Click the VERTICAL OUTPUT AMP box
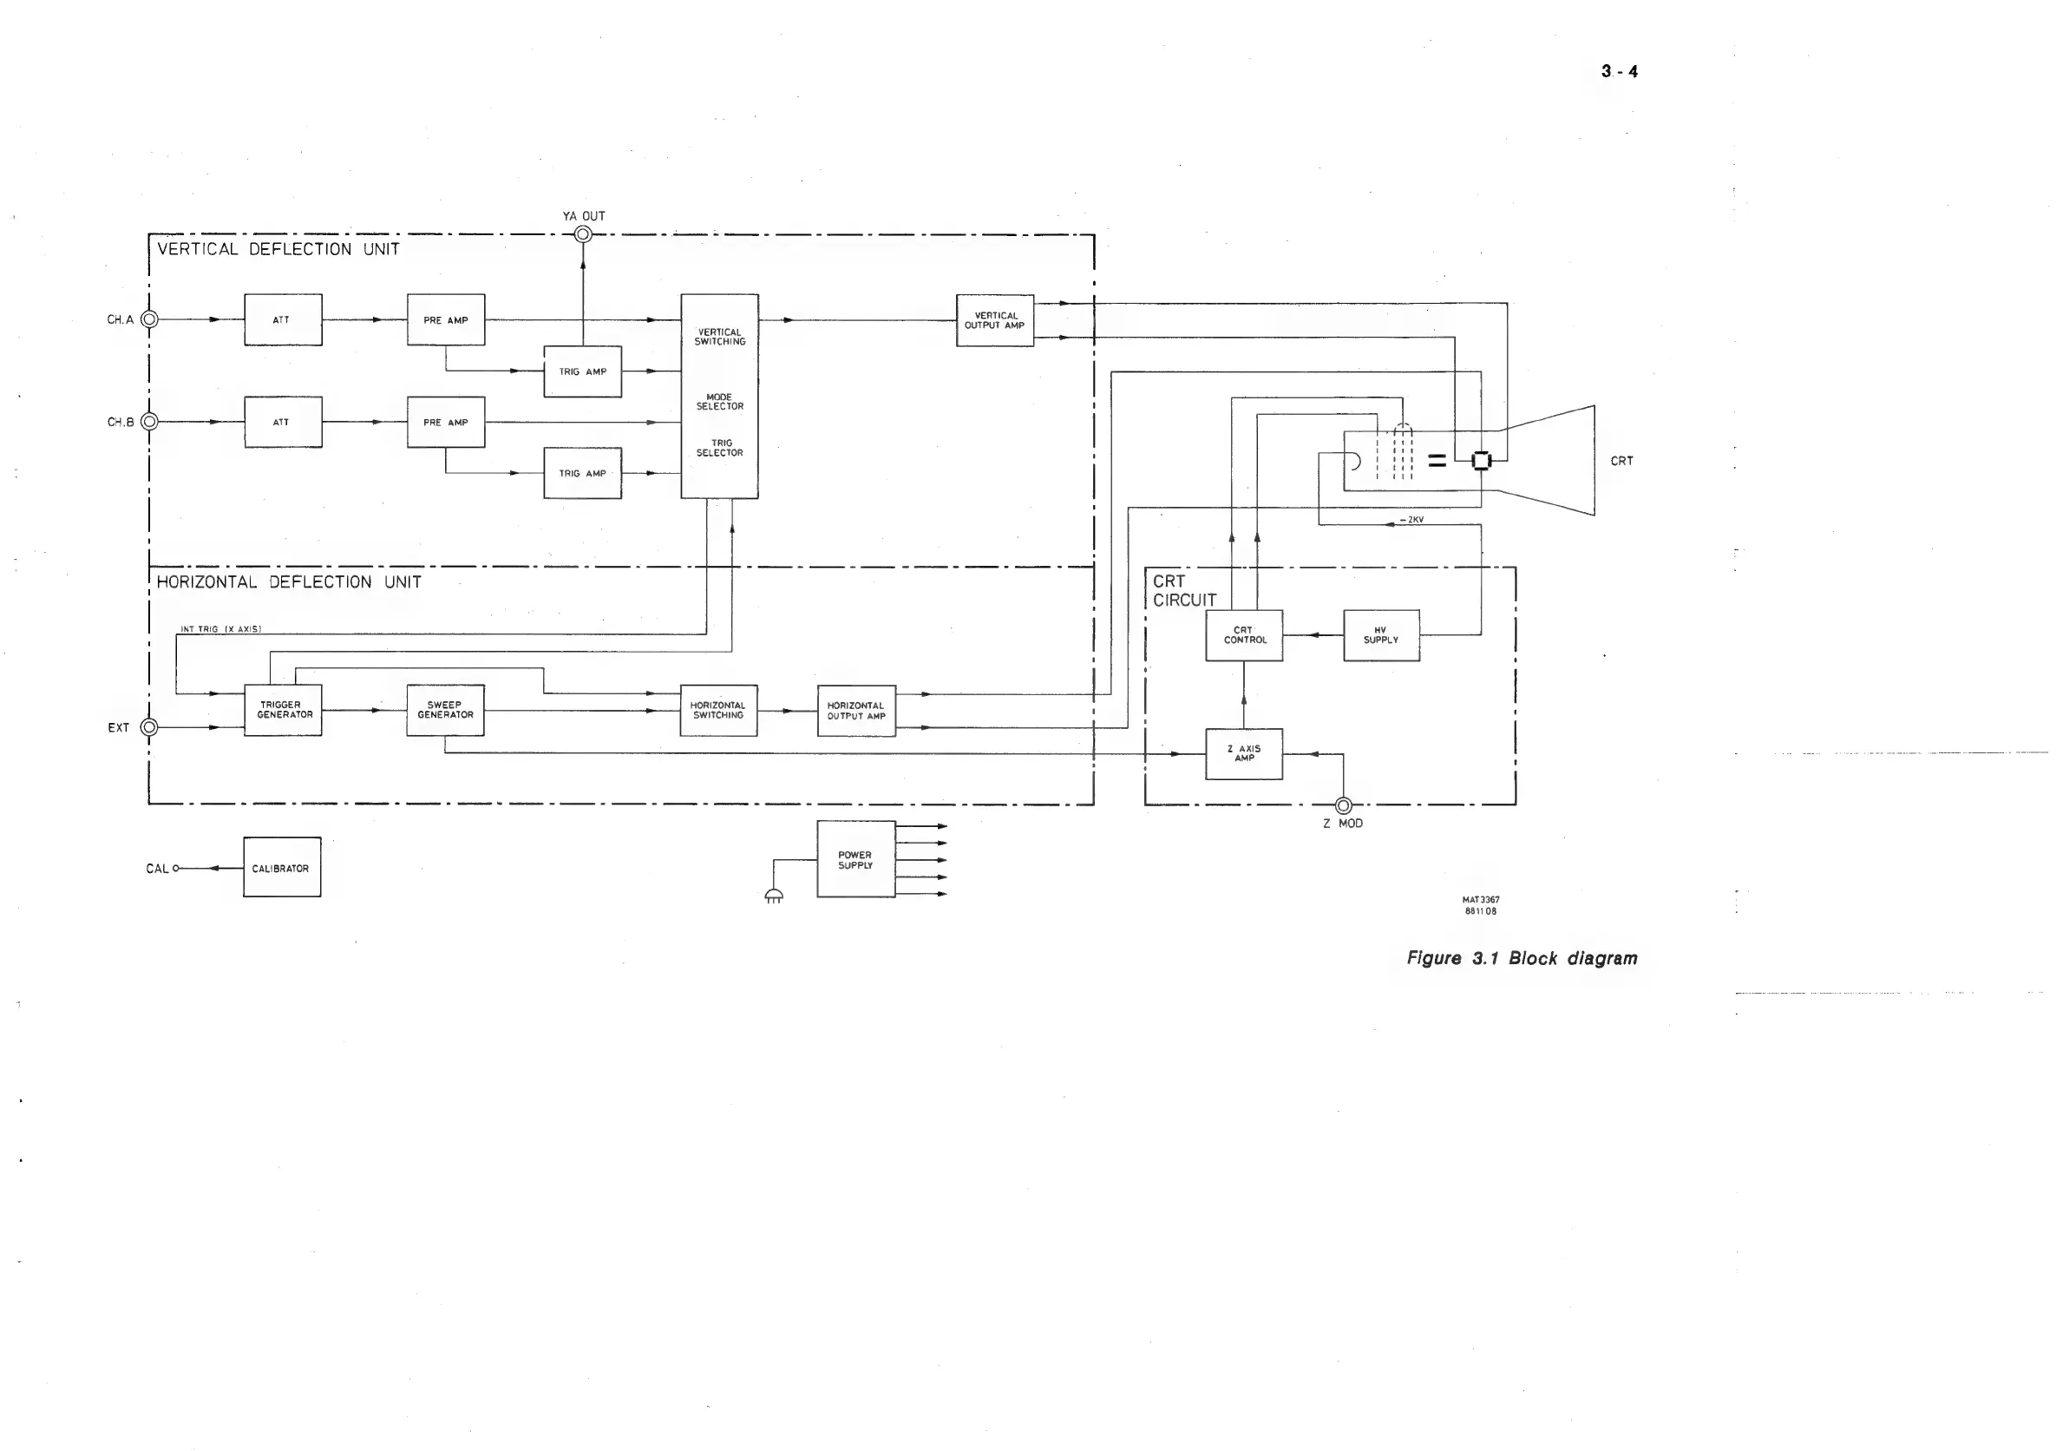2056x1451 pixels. (995, 320)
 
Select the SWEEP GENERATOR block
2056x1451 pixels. (445, 710)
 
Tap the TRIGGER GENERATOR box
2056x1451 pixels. (283, 710)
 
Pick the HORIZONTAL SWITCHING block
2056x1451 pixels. (718, 710)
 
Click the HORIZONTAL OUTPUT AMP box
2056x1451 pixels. (856, 711)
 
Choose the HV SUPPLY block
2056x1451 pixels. (1381, 635)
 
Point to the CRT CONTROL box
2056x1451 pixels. (1244, 635)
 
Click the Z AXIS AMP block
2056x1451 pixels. (1244, 753)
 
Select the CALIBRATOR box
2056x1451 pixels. (282, 867)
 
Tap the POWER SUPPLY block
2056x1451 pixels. (855, 859)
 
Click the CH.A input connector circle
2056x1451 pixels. (149, 318)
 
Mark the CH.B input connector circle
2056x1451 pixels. (149, 421)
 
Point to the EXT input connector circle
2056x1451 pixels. (149, 727)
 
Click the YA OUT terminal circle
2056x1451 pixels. (583, 234)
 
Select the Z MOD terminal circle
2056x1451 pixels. (1343, 805)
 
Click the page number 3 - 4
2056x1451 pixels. (1619, 72)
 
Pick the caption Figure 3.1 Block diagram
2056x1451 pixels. (1522, 957)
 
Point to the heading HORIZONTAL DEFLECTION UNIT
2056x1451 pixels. (288, 582)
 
